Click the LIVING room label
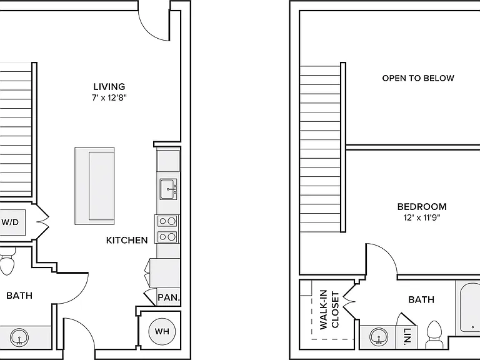[109, 87]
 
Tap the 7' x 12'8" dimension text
[109, 98]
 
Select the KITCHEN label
[127, 240]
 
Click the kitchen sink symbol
[168, 189]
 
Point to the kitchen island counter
[94, 186]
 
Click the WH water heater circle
[162, 331]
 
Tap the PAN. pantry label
[169, 297]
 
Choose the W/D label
[10, 222]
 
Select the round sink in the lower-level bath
[19, 337]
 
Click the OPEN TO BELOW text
[418, 78]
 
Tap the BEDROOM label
[422, 207]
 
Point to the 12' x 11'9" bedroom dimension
[422, 218]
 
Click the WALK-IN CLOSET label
[329, 309]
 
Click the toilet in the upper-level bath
[435, 334]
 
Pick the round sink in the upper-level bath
[379, 337]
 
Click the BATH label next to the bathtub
[421, 299]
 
